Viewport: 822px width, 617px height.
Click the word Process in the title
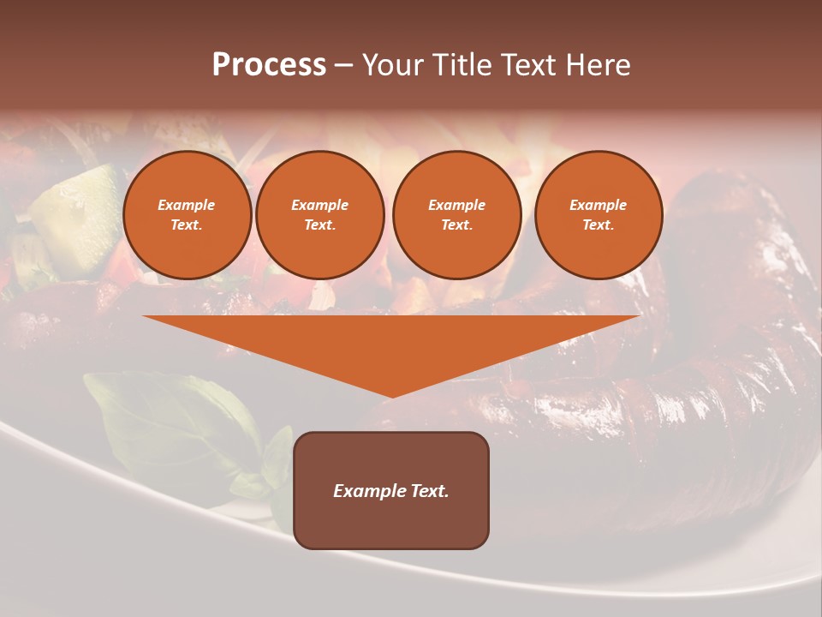269,65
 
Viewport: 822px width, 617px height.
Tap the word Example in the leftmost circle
187,205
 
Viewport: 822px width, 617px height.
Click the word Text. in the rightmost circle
599,225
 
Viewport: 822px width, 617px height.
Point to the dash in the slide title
343,65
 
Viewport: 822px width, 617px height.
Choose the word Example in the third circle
456,205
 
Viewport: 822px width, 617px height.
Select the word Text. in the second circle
319,225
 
